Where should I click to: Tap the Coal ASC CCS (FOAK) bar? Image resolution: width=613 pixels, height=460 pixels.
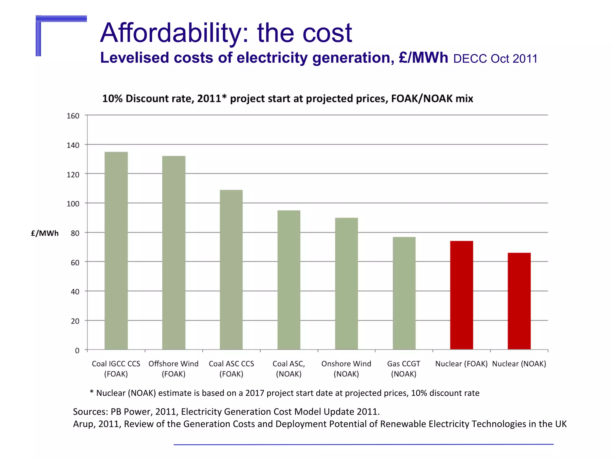231,270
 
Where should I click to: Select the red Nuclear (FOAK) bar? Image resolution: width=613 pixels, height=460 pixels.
462,295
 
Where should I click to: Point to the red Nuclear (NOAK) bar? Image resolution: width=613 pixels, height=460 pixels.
519,301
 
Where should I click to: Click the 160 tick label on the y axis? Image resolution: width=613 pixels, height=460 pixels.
73,116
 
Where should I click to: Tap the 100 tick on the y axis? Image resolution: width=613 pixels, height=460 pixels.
73,204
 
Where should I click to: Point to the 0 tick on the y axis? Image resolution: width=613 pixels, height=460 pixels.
77,350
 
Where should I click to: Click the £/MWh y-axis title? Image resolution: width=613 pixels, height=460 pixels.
45,233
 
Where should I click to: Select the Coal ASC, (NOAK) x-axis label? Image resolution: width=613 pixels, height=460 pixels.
289,369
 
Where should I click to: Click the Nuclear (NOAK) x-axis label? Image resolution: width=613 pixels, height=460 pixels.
519,364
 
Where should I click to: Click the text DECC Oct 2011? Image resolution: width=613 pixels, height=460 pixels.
495,59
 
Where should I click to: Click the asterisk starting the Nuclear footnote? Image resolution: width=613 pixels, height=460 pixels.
92,392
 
